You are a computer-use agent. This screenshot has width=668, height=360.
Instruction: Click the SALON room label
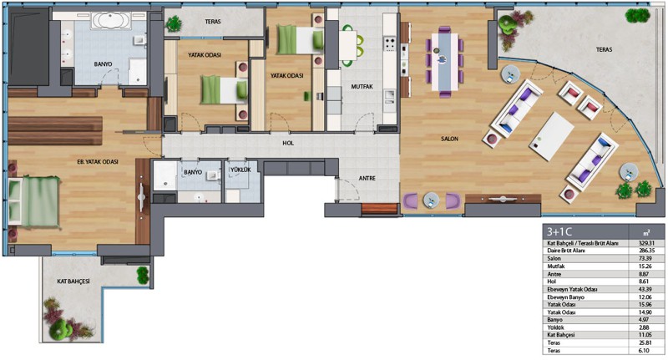(449, 139)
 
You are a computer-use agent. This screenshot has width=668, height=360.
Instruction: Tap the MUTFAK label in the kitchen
(362, 87)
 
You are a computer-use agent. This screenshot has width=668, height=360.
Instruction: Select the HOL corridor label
(288, 143)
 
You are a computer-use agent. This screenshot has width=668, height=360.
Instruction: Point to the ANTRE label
(367, 179)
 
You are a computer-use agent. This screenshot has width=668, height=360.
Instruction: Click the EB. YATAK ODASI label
(98, 162)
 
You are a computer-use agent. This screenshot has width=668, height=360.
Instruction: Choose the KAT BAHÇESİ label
(73, 281)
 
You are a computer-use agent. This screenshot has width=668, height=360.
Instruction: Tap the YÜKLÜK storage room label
(240, 170)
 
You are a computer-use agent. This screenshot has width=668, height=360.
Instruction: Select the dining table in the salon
(444, 62)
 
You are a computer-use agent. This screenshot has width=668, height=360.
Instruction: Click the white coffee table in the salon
(552, 136)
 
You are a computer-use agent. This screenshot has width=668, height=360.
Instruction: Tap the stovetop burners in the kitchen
(390, 44)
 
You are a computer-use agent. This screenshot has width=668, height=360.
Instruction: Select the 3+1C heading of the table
(559, 231)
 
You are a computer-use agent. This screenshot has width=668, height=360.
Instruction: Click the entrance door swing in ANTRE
(347, 189)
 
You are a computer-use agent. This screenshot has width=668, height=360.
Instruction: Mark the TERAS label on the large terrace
(604, 50)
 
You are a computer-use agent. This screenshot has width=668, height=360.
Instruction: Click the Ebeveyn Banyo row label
(566, 297)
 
